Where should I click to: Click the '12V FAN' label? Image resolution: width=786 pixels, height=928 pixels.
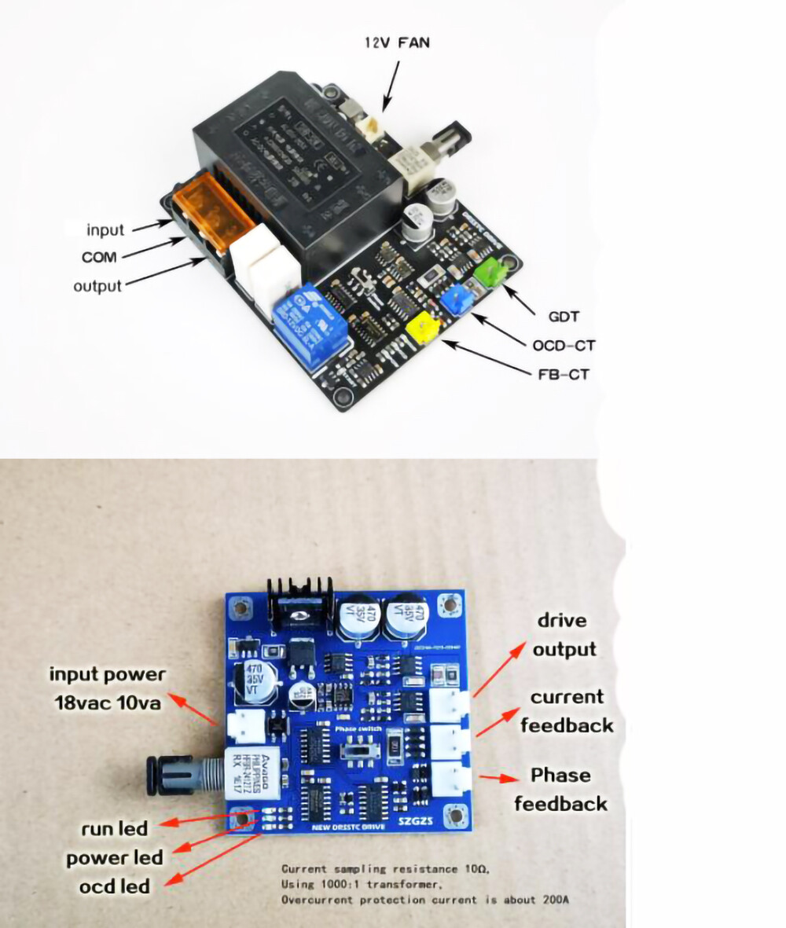pyautogui.click(x=397, y=42)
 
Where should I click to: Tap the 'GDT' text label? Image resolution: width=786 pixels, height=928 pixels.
pyautogui.click(x=563, y=317)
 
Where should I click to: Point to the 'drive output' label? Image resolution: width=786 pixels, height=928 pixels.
pyautogui.click(x=564, y=635)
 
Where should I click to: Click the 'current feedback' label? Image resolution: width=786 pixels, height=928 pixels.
pyautogui.click(x=566, y=710)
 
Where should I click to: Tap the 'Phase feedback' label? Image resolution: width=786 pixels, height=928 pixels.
pyautogui.click(x=560, y=789)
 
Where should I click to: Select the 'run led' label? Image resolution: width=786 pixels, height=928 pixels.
pyautogui.click(x=114, y=828)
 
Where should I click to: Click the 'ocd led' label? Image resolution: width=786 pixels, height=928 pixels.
pyautogui.click(x=114, y=886)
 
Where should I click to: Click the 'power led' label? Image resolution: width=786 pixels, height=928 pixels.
pyautogui.click(x=114, y=857)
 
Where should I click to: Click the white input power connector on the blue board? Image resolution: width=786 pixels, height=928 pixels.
pyautogui.click(x=246, y=728)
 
